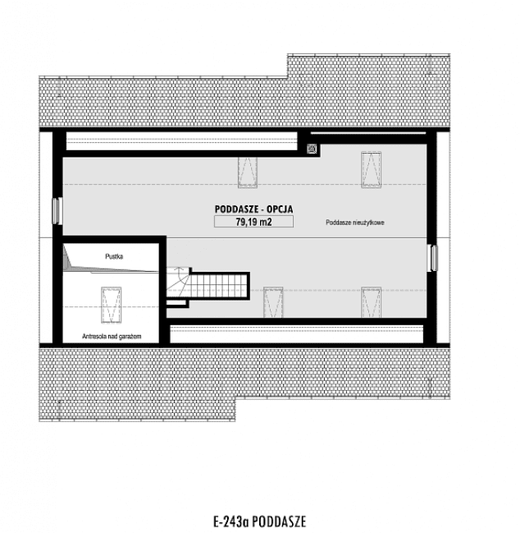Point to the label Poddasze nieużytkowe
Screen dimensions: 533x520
click(x=355, y=223)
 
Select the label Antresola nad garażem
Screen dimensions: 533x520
click(x=113, y=336)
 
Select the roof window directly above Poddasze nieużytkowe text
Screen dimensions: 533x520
click(x=371, y=168)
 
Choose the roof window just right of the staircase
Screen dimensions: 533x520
click(x=271, y=301)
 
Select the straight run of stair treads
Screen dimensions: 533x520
click(x=218, y=285)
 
